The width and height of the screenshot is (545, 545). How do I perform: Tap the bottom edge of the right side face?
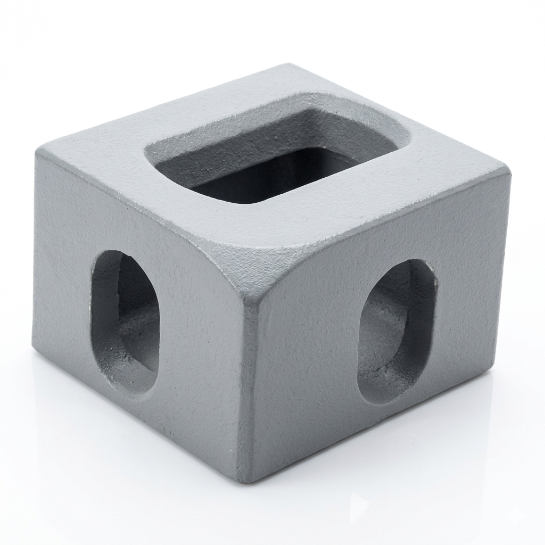point(373,428)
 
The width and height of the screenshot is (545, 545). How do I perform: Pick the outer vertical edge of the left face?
point(35,250)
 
